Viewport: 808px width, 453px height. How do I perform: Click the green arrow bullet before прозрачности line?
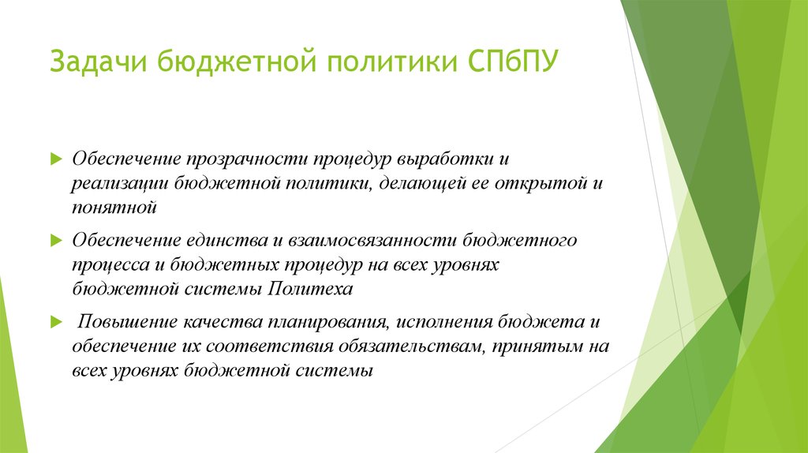55,159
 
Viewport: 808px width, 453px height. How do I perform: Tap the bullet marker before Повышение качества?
55,322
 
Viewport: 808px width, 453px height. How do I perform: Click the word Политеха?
309,289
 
